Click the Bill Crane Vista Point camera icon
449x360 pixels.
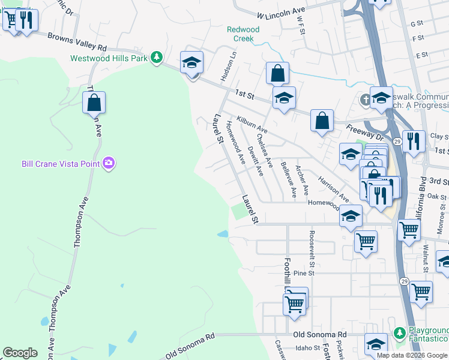(109, 163)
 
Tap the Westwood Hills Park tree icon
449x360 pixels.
(157, 58)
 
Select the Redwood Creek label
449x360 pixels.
(243, 34)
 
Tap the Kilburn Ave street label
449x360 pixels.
(252, 125)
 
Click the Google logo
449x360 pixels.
(20, 353)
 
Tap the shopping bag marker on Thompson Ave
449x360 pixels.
(94, 104)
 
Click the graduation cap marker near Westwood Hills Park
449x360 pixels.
(192, 63)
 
